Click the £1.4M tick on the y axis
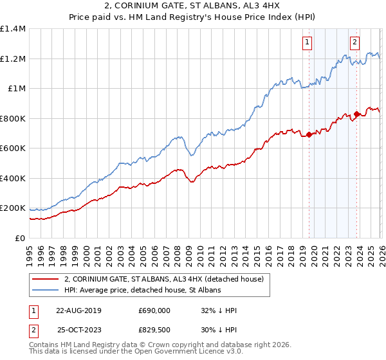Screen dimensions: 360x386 pyautogui.click(x=13, y=29)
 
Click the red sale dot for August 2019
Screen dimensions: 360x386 pyautogui.click(x=309, y=134)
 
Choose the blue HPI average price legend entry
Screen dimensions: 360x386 pyautogui.click(x=142, y=290)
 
